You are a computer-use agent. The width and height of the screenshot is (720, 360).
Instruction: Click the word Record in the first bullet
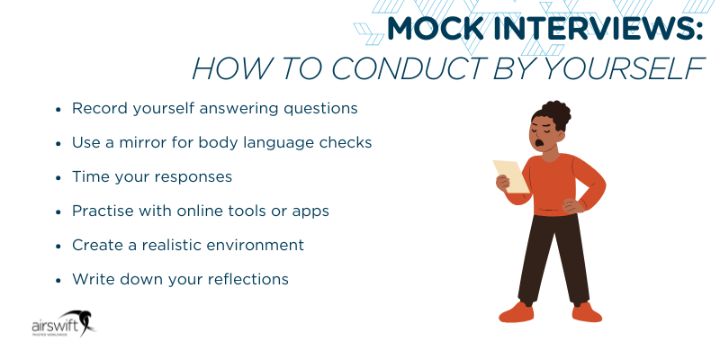pos(97,108)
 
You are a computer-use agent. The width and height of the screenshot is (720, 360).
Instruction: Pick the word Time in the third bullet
pos(89,176)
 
